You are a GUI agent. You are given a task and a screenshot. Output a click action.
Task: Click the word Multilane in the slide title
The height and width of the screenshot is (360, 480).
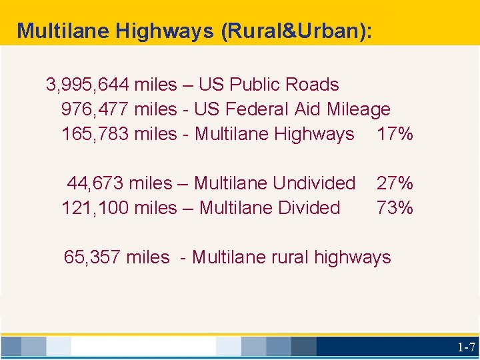pos(57,31)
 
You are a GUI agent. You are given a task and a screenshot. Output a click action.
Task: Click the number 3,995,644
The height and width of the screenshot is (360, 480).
pos(87,85)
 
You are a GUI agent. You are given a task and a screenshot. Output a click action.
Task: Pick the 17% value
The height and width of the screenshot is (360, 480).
pos(395,134)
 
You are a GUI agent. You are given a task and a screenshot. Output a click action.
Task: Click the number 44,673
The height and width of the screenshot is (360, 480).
pos(95,183)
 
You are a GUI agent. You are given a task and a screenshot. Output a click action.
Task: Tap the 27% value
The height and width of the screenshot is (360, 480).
pos(395,183)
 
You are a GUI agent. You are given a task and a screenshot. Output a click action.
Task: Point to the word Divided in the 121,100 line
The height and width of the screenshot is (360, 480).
pos(309,207)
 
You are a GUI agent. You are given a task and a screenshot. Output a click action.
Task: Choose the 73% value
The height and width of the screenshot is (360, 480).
pos(395,207)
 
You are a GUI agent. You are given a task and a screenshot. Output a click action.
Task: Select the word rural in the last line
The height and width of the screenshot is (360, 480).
pos(289,257)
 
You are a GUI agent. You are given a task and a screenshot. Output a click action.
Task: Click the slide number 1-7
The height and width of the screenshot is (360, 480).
pos(466,347)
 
